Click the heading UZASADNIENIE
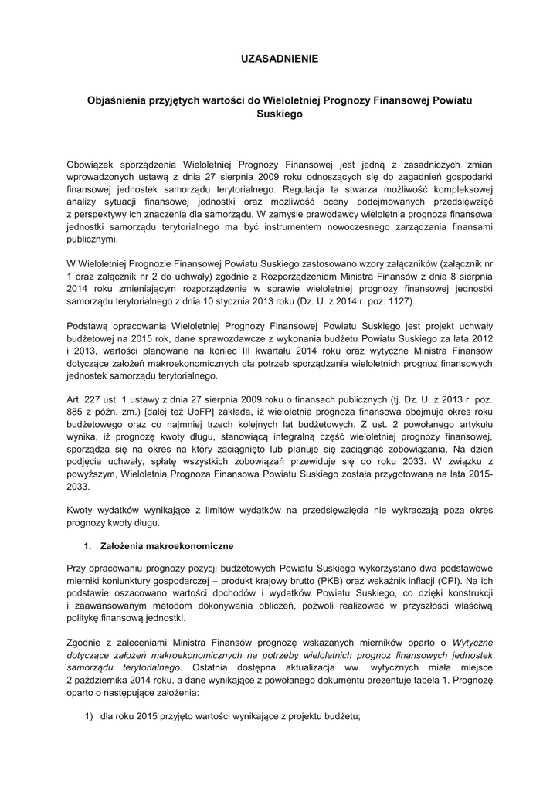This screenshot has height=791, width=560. tap(280, 59)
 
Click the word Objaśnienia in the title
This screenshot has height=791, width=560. tap(119, 100)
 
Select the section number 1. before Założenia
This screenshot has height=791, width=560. tap(88, 546)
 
